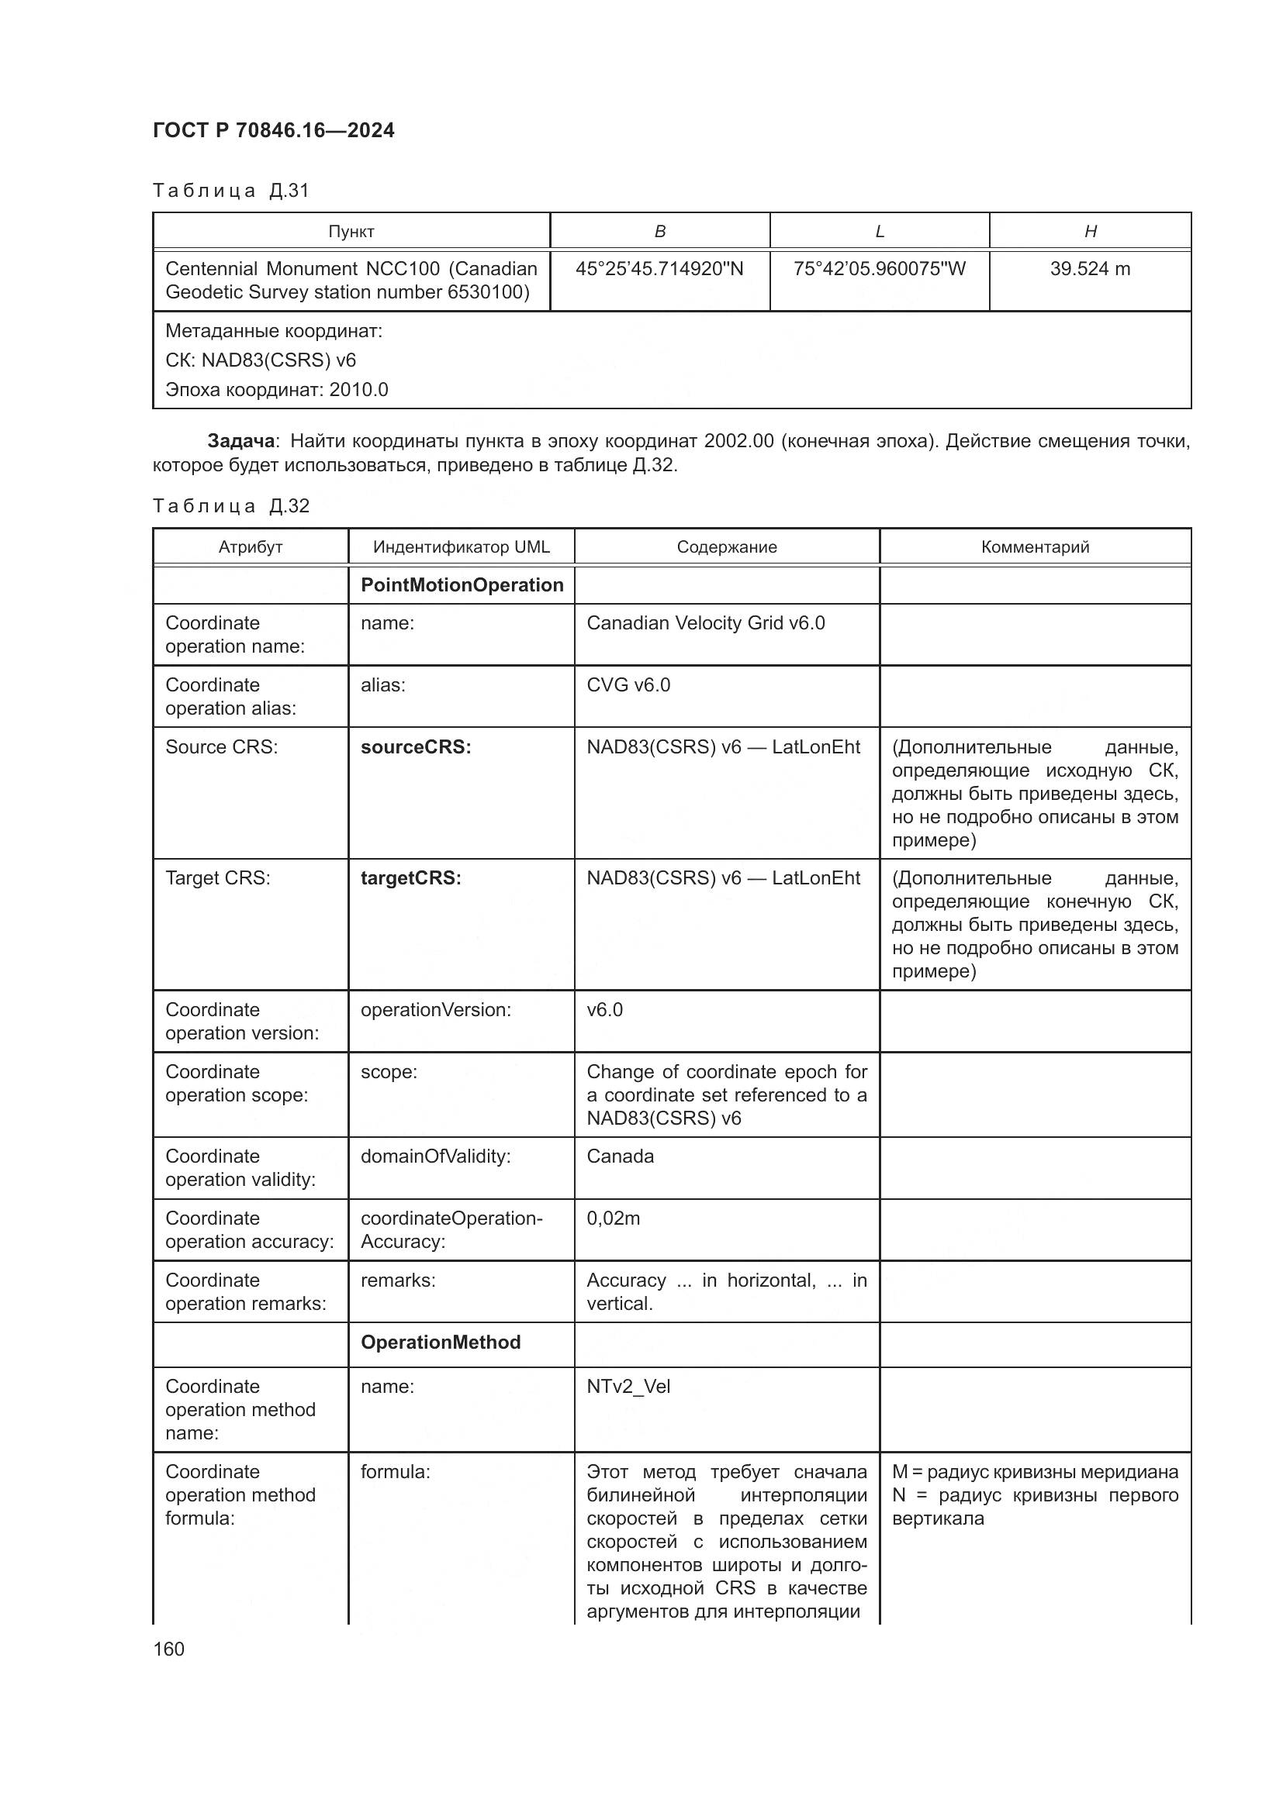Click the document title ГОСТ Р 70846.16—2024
[x=273, y=130]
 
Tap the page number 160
[x=168, y=1649]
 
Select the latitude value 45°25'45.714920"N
[x=659, y=269]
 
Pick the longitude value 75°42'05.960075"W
[x=879, y=269]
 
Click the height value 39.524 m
[x=1089, y=269]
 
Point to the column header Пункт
[x=351, y=231]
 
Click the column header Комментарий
[x=1034, y=547]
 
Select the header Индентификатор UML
[x=461, y=547]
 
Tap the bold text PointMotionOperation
[x=462, y=585]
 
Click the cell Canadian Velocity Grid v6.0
[x=704, y=623]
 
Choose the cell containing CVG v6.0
[x=628, y=684]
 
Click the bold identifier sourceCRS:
[x=416, y=747]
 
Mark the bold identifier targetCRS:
[x=411, y=878]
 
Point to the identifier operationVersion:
[x=435, y=1010]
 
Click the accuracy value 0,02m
[x=613, y=1218]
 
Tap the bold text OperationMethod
[x=440, y=1343]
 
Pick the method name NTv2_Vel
[x=628, y=1387]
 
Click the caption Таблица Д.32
[x=230, y=506]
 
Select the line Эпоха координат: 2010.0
[x=276, y=390]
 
